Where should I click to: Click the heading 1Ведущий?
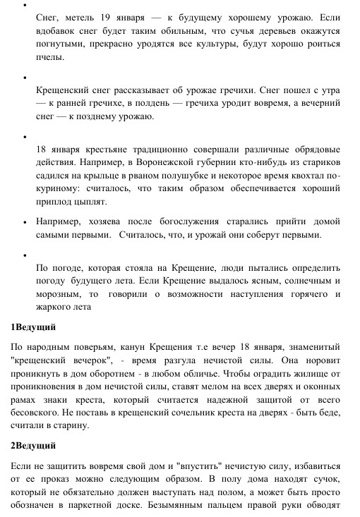coord(33,327)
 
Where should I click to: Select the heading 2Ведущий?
coord(33,446)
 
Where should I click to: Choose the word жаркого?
coord(55,307)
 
